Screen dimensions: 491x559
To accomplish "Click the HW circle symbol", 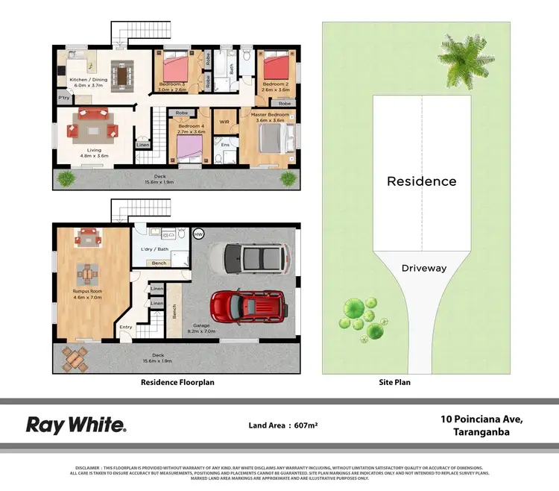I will pyautogui.click(x=198, y=234).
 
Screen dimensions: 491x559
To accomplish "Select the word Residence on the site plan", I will pyautogui.click(x=421, y=181).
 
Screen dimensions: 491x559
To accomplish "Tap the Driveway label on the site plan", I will pyautogui.click(x=423, y=267).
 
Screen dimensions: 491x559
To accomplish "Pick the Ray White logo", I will pyautogui.click(x=76, y=425).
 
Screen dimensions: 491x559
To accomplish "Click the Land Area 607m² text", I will pyautogui.click(x=283, y=425).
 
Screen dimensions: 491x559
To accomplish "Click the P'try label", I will pyautogui.click(x=63, y=98).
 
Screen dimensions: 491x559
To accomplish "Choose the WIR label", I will pyautogui.click(x=224, y=121).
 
